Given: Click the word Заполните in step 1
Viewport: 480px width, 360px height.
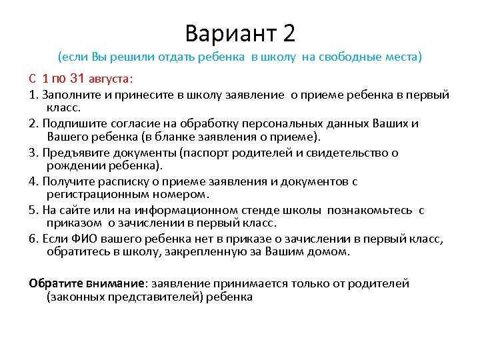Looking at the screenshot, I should point(70,95).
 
